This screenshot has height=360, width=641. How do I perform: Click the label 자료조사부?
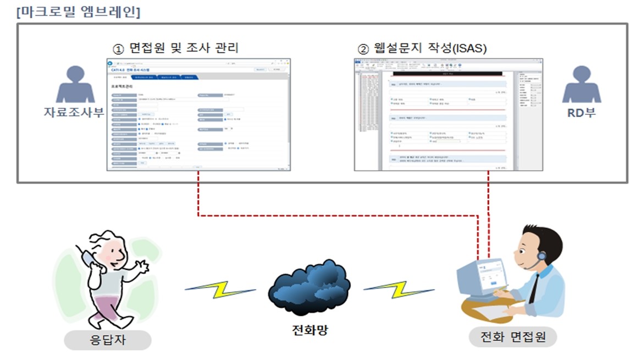click(x=74, y=113)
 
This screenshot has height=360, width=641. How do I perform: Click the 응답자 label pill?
click(x=108, y=339)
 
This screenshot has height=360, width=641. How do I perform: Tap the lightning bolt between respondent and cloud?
click(x=220, y=290)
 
